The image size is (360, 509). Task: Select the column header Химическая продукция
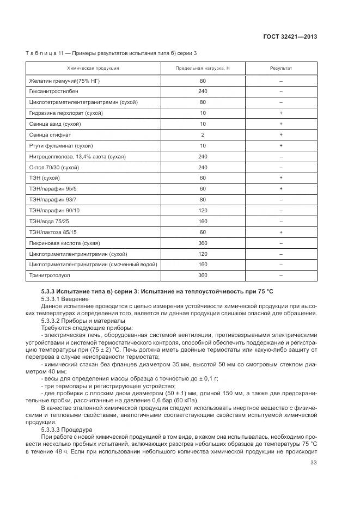coord(93,69)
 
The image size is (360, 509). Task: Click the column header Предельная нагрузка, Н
coord(203,69)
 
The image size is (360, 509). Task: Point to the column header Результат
coord(281,69)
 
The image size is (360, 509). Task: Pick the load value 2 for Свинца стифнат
coord(203,134)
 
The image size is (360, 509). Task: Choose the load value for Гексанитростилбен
coord(203,91)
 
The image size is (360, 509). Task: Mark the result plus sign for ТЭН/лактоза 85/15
coord(281,232)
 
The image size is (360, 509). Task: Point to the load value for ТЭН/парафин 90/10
coord(203,210)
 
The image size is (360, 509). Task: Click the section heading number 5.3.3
coord(50,292)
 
